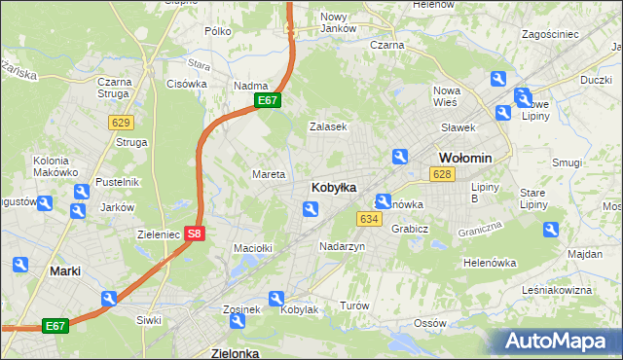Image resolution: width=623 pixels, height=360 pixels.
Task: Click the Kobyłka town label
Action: click(x=333, y=187)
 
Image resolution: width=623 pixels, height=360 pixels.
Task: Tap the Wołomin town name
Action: click(x=465, y=158)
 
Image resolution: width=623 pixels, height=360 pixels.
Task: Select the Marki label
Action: click(x=65, y=271)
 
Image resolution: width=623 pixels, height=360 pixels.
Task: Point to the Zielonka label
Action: click(x=235, y=353)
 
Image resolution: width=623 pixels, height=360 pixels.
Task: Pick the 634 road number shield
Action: click(x=368, y=219)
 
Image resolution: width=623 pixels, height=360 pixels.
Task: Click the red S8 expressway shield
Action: click(x=195, y=234)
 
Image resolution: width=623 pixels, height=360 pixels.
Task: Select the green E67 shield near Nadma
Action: click(x=269, y=100)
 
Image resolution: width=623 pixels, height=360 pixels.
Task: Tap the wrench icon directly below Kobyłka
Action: click(x=310, y=208)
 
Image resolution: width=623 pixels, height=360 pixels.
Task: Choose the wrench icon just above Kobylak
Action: click(x=277, y=299)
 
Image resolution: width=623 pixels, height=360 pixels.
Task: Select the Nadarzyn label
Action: click(x=343, y=247)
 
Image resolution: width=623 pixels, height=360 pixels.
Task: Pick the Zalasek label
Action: click(x=328, y=126)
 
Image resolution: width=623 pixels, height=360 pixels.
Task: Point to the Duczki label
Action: click(x=596, y=81)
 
